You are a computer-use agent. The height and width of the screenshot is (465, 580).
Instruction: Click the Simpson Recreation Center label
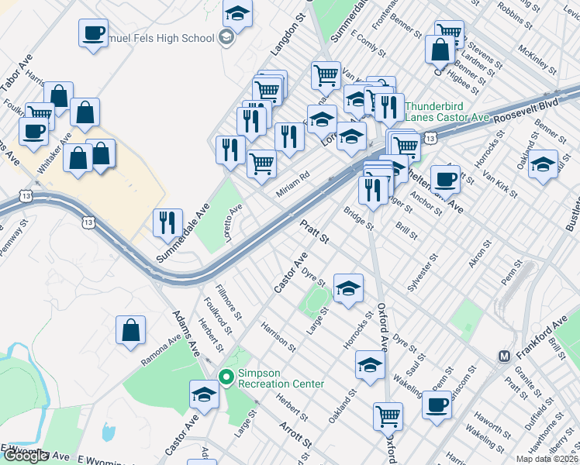[280, 377]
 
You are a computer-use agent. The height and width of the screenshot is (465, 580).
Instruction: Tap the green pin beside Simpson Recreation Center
[226, 377]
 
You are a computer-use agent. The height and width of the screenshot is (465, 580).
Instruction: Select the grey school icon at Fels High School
[226, 38]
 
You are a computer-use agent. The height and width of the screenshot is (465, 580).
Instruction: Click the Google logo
[26, 456]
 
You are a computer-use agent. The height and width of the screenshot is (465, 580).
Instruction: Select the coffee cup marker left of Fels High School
[93, 33]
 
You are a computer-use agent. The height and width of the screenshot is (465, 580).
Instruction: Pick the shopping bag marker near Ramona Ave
[130, 329]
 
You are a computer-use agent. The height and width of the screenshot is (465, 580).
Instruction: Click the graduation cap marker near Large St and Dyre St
[349, 288]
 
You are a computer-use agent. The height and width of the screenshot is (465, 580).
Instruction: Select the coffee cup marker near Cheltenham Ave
[445, 179]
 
